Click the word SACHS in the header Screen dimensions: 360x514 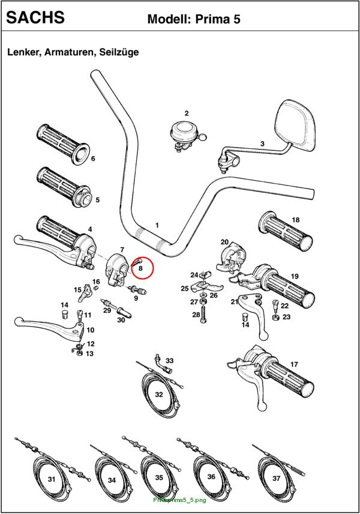click(35, 17)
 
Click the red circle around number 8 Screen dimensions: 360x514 click(142, 267)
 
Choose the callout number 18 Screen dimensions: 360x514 click(296, 220)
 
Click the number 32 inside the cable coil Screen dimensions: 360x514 click(159, 395)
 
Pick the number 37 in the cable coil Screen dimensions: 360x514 click(277, 478)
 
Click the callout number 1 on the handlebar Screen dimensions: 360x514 click(157, 225)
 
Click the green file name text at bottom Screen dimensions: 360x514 click(179, 500)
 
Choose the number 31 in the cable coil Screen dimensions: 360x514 click(52, 479)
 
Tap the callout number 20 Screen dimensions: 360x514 click(224, 242)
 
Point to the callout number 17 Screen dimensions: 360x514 click(294, 364)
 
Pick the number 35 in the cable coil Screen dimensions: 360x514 click(159, 477)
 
